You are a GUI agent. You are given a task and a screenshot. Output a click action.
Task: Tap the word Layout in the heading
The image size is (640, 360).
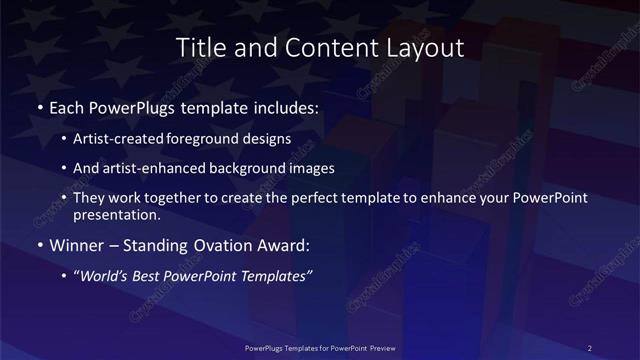[423, 47]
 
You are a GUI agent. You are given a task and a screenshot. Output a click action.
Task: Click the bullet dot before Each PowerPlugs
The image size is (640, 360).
[38, 105]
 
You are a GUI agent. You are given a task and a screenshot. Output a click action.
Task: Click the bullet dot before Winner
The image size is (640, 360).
[38, 243]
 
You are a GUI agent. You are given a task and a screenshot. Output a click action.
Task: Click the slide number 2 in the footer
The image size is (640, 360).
[589, 347]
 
